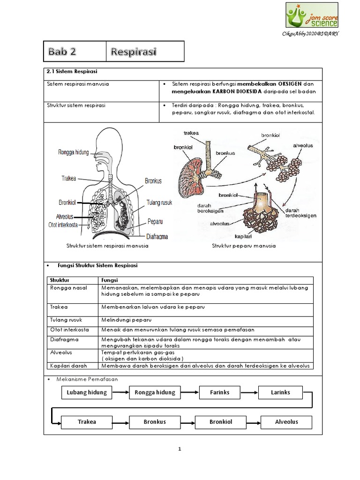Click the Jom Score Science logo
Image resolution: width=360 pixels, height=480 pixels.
[x=312, y=15]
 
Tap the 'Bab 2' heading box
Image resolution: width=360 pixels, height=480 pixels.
[x=76, y=51]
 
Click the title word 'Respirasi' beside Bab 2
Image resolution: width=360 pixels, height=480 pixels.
[x=134, y=51]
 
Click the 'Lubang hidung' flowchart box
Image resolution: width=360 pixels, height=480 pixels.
[x=87, y=392]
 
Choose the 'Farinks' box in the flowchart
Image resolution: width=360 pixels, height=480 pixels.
[x=219, y=392]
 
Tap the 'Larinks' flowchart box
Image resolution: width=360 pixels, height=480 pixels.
[x=280, y=392]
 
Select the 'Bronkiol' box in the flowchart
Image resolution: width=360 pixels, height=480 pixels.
[x=220, y=421]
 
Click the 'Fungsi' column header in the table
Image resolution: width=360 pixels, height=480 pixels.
[x=109, y=279]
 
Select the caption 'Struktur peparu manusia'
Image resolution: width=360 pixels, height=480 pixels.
[x=244, y=246]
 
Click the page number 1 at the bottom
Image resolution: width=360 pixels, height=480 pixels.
[x=180, y=449]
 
